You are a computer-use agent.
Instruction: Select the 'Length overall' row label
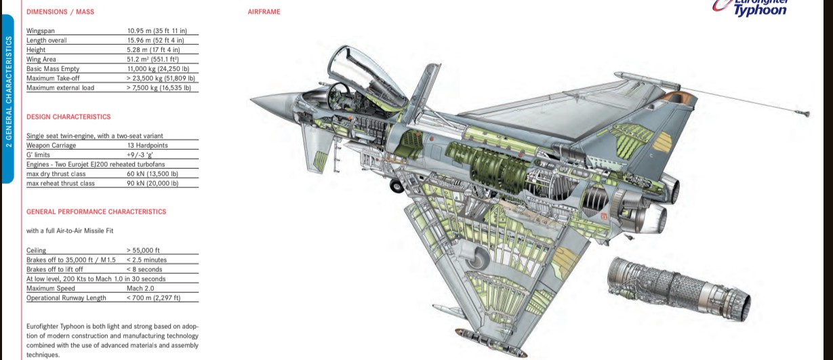coord(47,40)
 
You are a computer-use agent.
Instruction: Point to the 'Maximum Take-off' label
coord(53,78)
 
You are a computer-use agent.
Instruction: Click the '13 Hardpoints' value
coord(148,145)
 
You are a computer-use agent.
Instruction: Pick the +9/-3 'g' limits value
coord(140,155)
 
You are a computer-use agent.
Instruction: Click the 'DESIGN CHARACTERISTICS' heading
coord(68,117)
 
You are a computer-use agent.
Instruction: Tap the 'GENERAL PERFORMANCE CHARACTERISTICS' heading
coord(96,212)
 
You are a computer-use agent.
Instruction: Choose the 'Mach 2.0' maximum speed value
coord(140,288)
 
